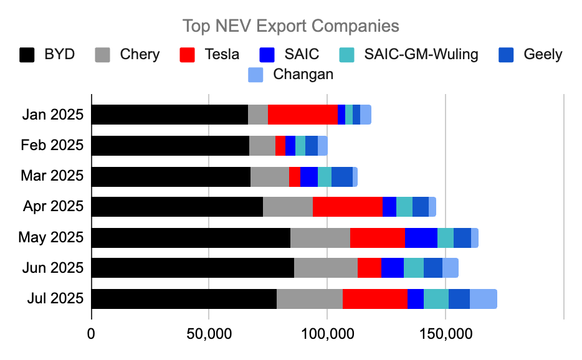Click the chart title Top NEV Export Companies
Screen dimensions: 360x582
(290, 26)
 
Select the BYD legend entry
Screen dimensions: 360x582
(47, 54)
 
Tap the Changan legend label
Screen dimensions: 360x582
(305, 75)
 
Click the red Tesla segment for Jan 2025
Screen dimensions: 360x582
(303, 115)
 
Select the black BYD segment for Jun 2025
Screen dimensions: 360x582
(193, 268)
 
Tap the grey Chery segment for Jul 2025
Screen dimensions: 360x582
(310, 299)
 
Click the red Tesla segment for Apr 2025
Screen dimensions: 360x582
(348, 207)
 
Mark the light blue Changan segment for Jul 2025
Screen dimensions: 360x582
(484, 299)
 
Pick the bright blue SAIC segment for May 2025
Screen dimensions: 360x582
(421, 238)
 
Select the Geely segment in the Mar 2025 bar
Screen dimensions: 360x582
(342, 176)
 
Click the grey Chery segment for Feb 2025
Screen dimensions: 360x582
(262, 146)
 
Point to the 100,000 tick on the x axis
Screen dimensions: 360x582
(327, 333)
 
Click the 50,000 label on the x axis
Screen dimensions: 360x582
(209, 333)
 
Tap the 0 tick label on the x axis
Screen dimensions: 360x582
(92, 333)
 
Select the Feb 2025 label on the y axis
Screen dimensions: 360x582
(52, 146)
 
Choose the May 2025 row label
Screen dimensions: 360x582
(50, 238)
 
